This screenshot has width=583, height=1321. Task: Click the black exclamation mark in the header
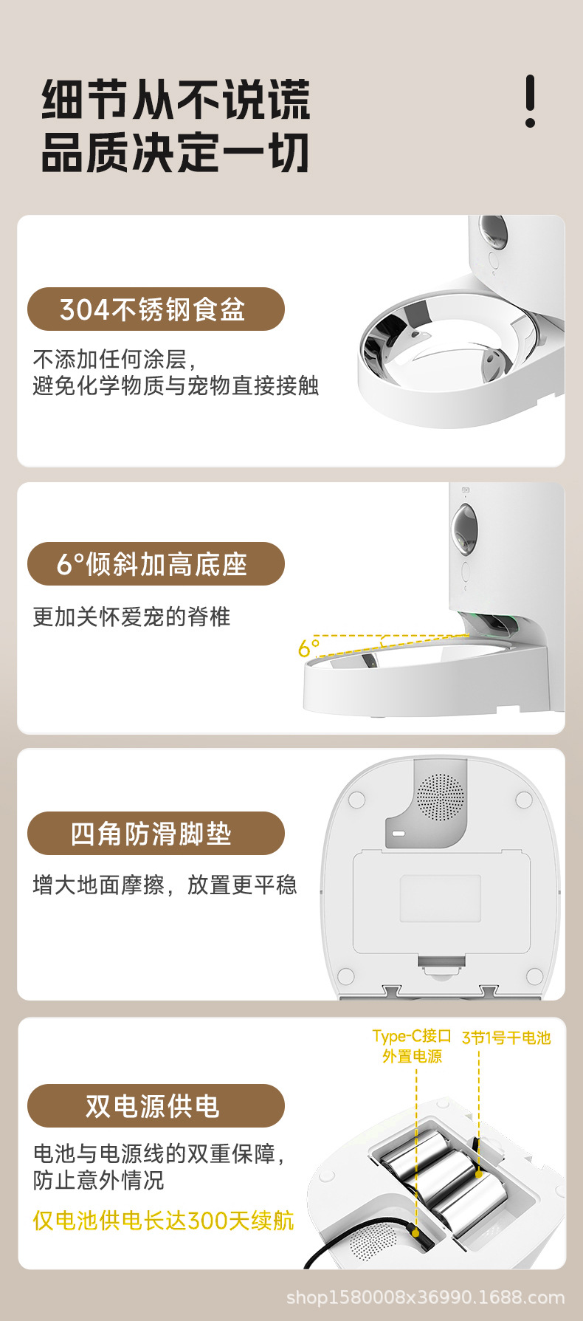pyautogui.click(x=530, y=101)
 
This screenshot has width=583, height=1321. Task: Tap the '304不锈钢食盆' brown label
pyautogui.click(x=156, y=309)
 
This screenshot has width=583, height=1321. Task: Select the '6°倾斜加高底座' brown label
pyautogui.click(x=156, y=564)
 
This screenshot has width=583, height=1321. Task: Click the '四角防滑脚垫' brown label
pyautogui.click(x=156, y=834)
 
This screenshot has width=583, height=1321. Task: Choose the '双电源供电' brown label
pyautogui.click(x=156, y=1106)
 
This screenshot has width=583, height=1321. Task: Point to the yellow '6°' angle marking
pyautogui.click(x=308, y=648)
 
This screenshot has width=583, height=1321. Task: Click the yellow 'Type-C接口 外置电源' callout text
pyautogui.click(x=412, y=1046)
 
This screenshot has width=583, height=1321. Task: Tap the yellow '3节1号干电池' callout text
pyautogui.click(x=506, y=1037)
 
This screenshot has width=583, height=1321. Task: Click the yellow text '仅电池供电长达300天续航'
pyautogui.click(x=163, y=1221)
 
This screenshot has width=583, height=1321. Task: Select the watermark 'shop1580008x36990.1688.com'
pyautogui.click(x=425, y=1297)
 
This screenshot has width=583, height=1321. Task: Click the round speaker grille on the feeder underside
pyautogui.click(x=441, y=797)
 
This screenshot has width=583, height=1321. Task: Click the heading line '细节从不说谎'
pyautogui.click(x=176, y=100)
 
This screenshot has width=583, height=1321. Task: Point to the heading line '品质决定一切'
pyautogui.click(x=176, y=153)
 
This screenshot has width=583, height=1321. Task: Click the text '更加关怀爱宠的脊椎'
pyautogui.click(x=132, y=617)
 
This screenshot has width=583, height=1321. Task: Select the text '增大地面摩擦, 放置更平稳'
pyautogui.click(x=165, y=885)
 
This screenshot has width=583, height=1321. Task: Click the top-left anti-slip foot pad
pyautogui.click(x=356, y=799)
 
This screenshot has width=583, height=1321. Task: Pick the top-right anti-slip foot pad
pyautogui.click(x=524, y=797)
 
